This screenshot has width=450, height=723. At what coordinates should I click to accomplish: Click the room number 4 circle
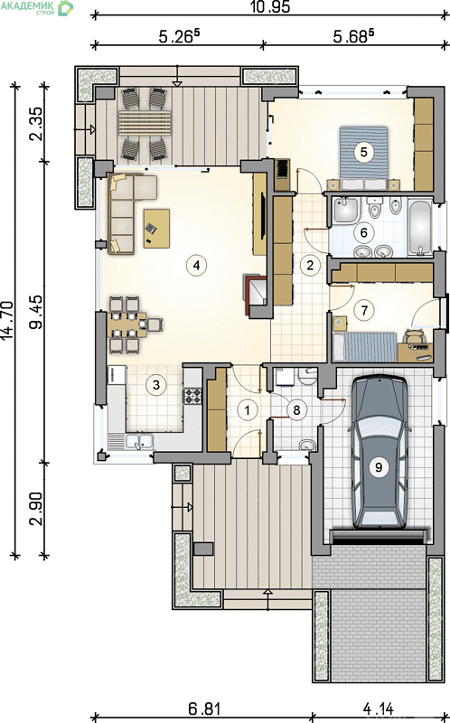pos(196,265)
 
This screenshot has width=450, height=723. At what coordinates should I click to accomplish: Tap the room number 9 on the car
pos(379,467)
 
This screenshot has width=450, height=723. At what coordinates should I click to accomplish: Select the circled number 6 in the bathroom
pos(364,232)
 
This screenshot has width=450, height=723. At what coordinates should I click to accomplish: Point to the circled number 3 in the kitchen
pos(155,384)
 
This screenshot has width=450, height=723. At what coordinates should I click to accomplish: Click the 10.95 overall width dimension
pos(269,7)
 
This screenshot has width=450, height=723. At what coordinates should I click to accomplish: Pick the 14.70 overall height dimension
pos(7,321)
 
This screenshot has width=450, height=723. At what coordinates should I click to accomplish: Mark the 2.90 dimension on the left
pos(36,509)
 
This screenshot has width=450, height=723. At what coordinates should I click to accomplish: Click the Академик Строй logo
pos(37,7)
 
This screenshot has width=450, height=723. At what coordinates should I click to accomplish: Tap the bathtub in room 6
pos(421,228)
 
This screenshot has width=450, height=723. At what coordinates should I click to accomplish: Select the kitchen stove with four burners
pos(193,396)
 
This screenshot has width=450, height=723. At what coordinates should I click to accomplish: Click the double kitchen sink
pos(139,441)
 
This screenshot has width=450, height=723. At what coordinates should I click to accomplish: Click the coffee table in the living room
pos(156,229)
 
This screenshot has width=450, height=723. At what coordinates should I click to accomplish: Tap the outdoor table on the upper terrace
pos(145,123)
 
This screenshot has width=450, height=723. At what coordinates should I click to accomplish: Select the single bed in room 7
pos(365,347)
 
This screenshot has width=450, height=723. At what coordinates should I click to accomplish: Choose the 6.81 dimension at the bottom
pos(205,708)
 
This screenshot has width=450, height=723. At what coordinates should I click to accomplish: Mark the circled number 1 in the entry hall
pos(248,410)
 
